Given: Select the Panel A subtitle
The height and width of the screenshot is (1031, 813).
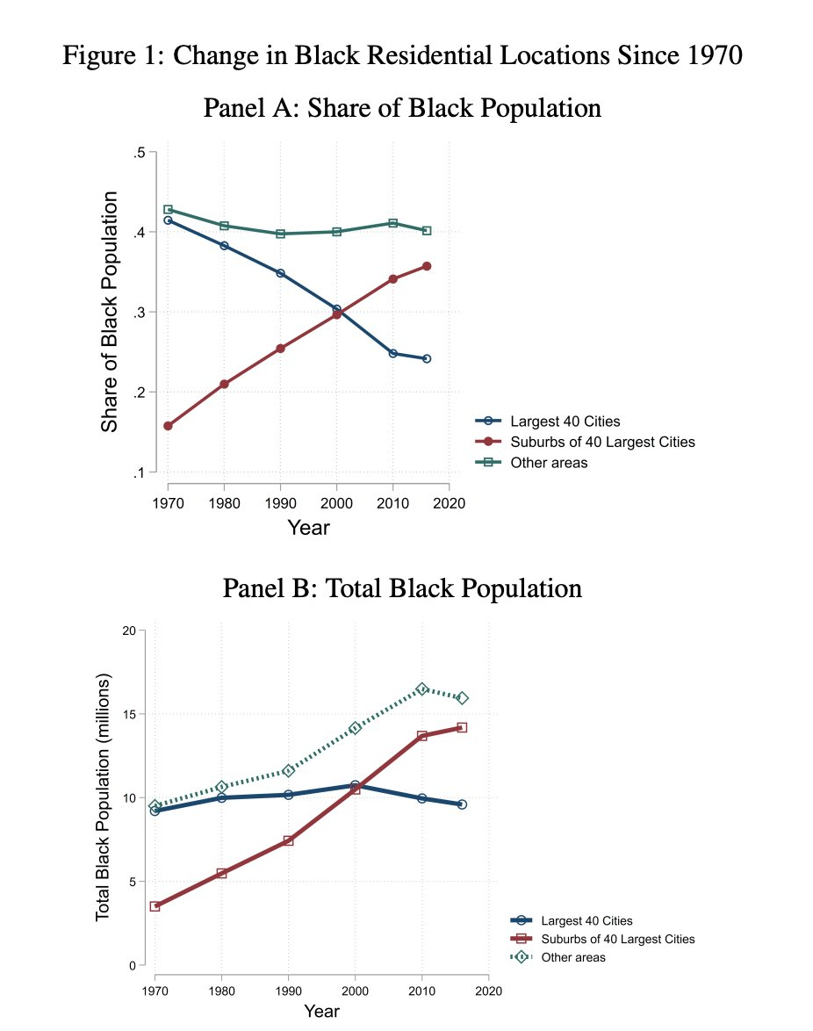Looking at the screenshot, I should coord(402,108).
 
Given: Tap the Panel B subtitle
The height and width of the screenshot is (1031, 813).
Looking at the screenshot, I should coord(402,588).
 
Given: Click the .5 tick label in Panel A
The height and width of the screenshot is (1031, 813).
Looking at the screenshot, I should coord(139,153).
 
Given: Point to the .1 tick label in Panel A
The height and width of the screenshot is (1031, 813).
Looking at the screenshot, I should coord(139,472).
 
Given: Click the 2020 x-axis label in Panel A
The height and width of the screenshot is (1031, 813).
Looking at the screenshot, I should coord(450,503).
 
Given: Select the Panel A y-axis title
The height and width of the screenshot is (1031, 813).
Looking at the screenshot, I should coord(109,312).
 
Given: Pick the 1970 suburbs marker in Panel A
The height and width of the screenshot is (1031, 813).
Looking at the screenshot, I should coord(168,426).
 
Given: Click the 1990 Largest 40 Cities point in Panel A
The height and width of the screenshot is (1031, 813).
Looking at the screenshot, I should coord(280,273).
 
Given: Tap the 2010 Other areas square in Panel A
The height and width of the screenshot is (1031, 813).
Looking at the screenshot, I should coord(392,223).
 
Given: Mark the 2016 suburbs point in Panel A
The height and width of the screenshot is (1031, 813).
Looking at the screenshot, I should coord(427,265).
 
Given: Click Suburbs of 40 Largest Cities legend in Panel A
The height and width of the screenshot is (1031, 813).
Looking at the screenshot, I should coord(602,442).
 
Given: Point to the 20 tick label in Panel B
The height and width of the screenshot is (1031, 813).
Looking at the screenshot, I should coord(128,631).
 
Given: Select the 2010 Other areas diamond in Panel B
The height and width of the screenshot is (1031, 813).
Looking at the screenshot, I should coord(421,689).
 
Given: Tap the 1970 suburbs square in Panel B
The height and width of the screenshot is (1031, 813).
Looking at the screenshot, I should coord(155,905).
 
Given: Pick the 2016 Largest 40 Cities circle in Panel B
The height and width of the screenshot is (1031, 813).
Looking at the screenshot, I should coord(462,804).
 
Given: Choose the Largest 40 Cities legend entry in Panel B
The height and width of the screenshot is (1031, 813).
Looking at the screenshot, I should coord(586,920).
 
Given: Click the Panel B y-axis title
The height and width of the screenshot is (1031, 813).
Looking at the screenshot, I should coord(104,797).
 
